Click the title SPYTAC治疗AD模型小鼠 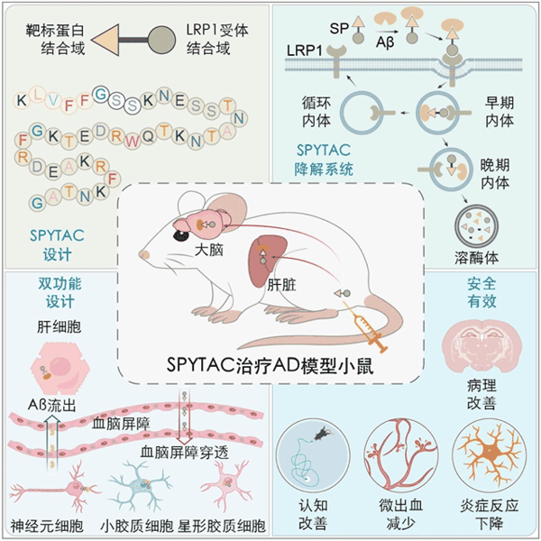[270, 365]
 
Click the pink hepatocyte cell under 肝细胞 [59, 371]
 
